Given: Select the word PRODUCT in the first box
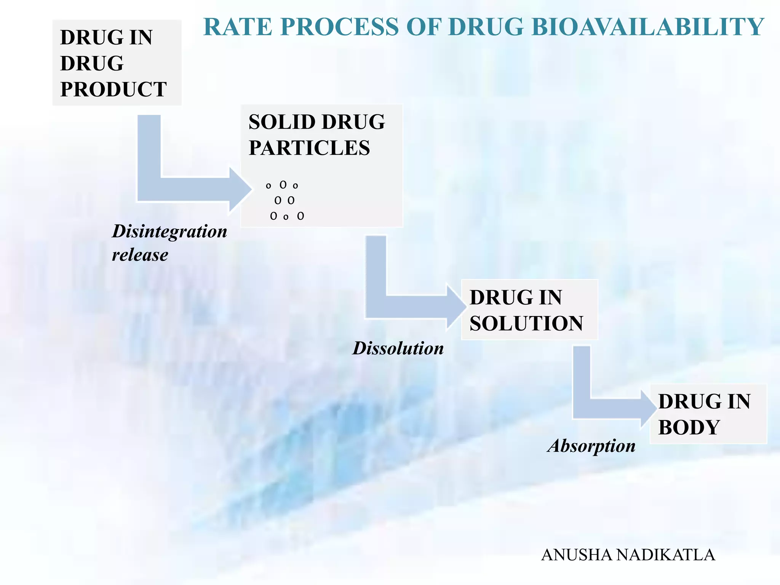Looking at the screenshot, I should tap(113, 90).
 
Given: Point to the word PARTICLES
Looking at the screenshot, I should tap(309, 148).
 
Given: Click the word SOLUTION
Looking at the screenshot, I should tap(526, 324).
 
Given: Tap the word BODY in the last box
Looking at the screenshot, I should tap(689, 427).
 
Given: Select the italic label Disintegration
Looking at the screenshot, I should tap(169, 232).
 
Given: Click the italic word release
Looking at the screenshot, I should tap(140, 255).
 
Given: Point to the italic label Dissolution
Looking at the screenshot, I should tap(398, 348).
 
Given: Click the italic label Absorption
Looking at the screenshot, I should tap(591, 446).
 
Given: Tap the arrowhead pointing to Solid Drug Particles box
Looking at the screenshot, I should tap(240, 189).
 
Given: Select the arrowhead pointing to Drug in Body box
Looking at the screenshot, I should tap(648, 409).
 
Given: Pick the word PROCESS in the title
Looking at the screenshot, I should tap(340, 27).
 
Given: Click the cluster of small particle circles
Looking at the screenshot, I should tap(285, 201).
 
